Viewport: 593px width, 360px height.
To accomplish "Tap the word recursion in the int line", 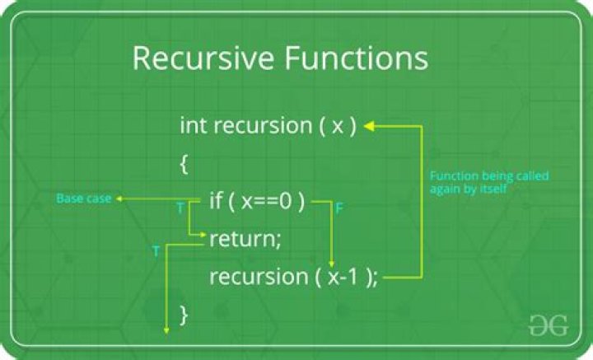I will [259, 126].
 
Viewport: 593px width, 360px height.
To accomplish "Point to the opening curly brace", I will [184, 164].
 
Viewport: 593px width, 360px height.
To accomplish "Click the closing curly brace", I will [184, 314].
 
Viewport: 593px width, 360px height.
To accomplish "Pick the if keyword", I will [217, 201].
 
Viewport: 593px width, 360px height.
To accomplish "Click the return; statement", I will [245, 239].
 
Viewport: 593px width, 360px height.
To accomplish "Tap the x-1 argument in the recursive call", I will [342, 277].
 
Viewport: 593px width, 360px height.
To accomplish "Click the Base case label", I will [82, 199].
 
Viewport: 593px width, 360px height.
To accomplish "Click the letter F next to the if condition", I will [339, 209].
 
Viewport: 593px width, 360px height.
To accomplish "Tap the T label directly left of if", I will [180, 209].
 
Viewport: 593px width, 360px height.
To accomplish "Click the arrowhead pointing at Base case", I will [119, 199].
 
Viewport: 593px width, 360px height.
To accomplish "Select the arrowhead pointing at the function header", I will [368, 126].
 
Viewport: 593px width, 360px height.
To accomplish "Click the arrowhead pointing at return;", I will [205, 237].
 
